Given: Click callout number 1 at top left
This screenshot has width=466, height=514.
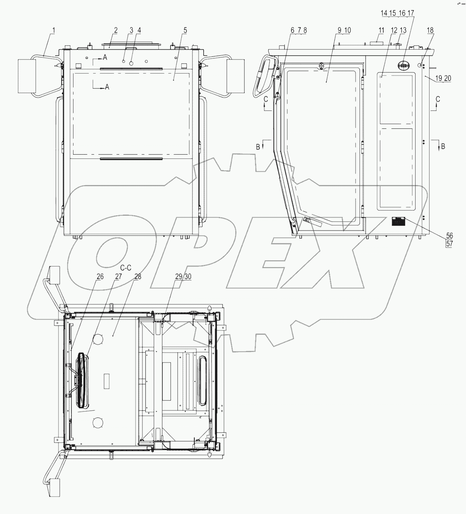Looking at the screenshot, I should (x=53, y=30).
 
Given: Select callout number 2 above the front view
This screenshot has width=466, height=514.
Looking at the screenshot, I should (x=116, y=30).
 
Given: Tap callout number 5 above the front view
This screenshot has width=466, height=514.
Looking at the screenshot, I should (x=185, y=30).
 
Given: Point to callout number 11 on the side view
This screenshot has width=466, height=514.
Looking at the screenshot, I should (x=381, y=30).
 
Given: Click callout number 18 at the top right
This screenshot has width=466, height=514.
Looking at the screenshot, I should (x=430, y=30).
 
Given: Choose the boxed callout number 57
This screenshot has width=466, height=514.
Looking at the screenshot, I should (x=449, y=243).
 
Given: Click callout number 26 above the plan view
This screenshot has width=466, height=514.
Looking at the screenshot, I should (x=100, y=277).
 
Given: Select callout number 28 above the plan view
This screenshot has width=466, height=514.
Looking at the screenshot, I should (x=137, y=277).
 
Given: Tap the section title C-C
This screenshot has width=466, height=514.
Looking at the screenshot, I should (x=126, y=268).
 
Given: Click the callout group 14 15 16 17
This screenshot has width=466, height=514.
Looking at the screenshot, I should (x=397, y=13).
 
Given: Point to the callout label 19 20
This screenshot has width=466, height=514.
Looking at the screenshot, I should (x=443, y=78).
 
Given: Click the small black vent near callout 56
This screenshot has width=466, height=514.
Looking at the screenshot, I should (x=398, y=222).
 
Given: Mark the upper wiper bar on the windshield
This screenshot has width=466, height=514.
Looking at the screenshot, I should (x=131, y=69).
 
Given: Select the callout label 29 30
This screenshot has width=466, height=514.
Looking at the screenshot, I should (x=183, y=277).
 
